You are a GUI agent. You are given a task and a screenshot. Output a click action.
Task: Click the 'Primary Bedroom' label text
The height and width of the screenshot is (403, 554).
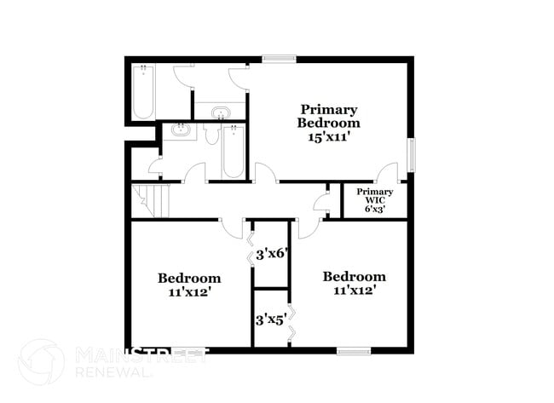tap(328, 116)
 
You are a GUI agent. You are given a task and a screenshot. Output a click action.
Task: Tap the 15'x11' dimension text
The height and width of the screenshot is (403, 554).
tap(328, 136)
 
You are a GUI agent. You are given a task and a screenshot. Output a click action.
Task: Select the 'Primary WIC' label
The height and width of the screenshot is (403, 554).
tap(374, 196)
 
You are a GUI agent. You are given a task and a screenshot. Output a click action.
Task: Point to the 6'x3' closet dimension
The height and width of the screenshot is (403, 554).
tap(374, 209)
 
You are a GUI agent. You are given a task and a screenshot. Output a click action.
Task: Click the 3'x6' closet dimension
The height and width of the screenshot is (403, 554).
tap(270, 253)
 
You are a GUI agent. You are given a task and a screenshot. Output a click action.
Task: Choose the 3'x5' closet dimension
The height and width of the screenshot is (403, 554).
tap(270, 320)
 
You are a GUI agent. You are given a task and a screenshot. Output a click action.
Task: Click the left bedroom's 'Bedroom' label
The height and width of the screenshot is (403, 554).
tap(189, 278)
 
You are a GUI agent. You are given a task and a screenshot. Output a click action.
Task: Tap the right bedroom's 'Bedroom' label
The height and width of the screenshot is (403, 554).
tap(353, 276)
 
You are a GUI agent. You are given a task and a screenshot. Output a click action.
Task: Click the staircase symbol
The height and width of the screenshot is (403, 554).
tap(151, 201)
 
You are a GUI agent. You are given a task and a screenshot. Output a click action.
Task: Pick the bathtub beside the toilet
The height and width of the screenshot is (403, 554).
tap(233, 152)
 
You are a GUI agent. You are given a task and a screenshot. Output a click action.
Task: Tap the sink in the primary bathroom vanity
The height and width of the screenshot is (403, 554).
tap(220, 112)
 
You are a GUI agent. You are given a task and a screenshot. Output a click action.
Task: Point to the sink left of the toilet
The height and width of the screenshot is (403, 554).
tap(180, 130)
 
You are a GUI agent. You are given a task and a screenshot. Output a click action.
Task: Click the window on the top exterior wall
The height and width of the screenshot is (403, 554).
tap(279, 59)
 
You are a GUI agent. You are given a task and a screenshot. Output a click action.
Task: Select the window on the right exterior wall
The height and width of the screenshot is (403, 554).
tap(411, 155)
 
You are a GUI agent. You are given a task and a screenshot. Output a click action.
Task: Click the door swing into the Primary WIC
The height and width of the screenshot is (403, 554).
tap(388, 170)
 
